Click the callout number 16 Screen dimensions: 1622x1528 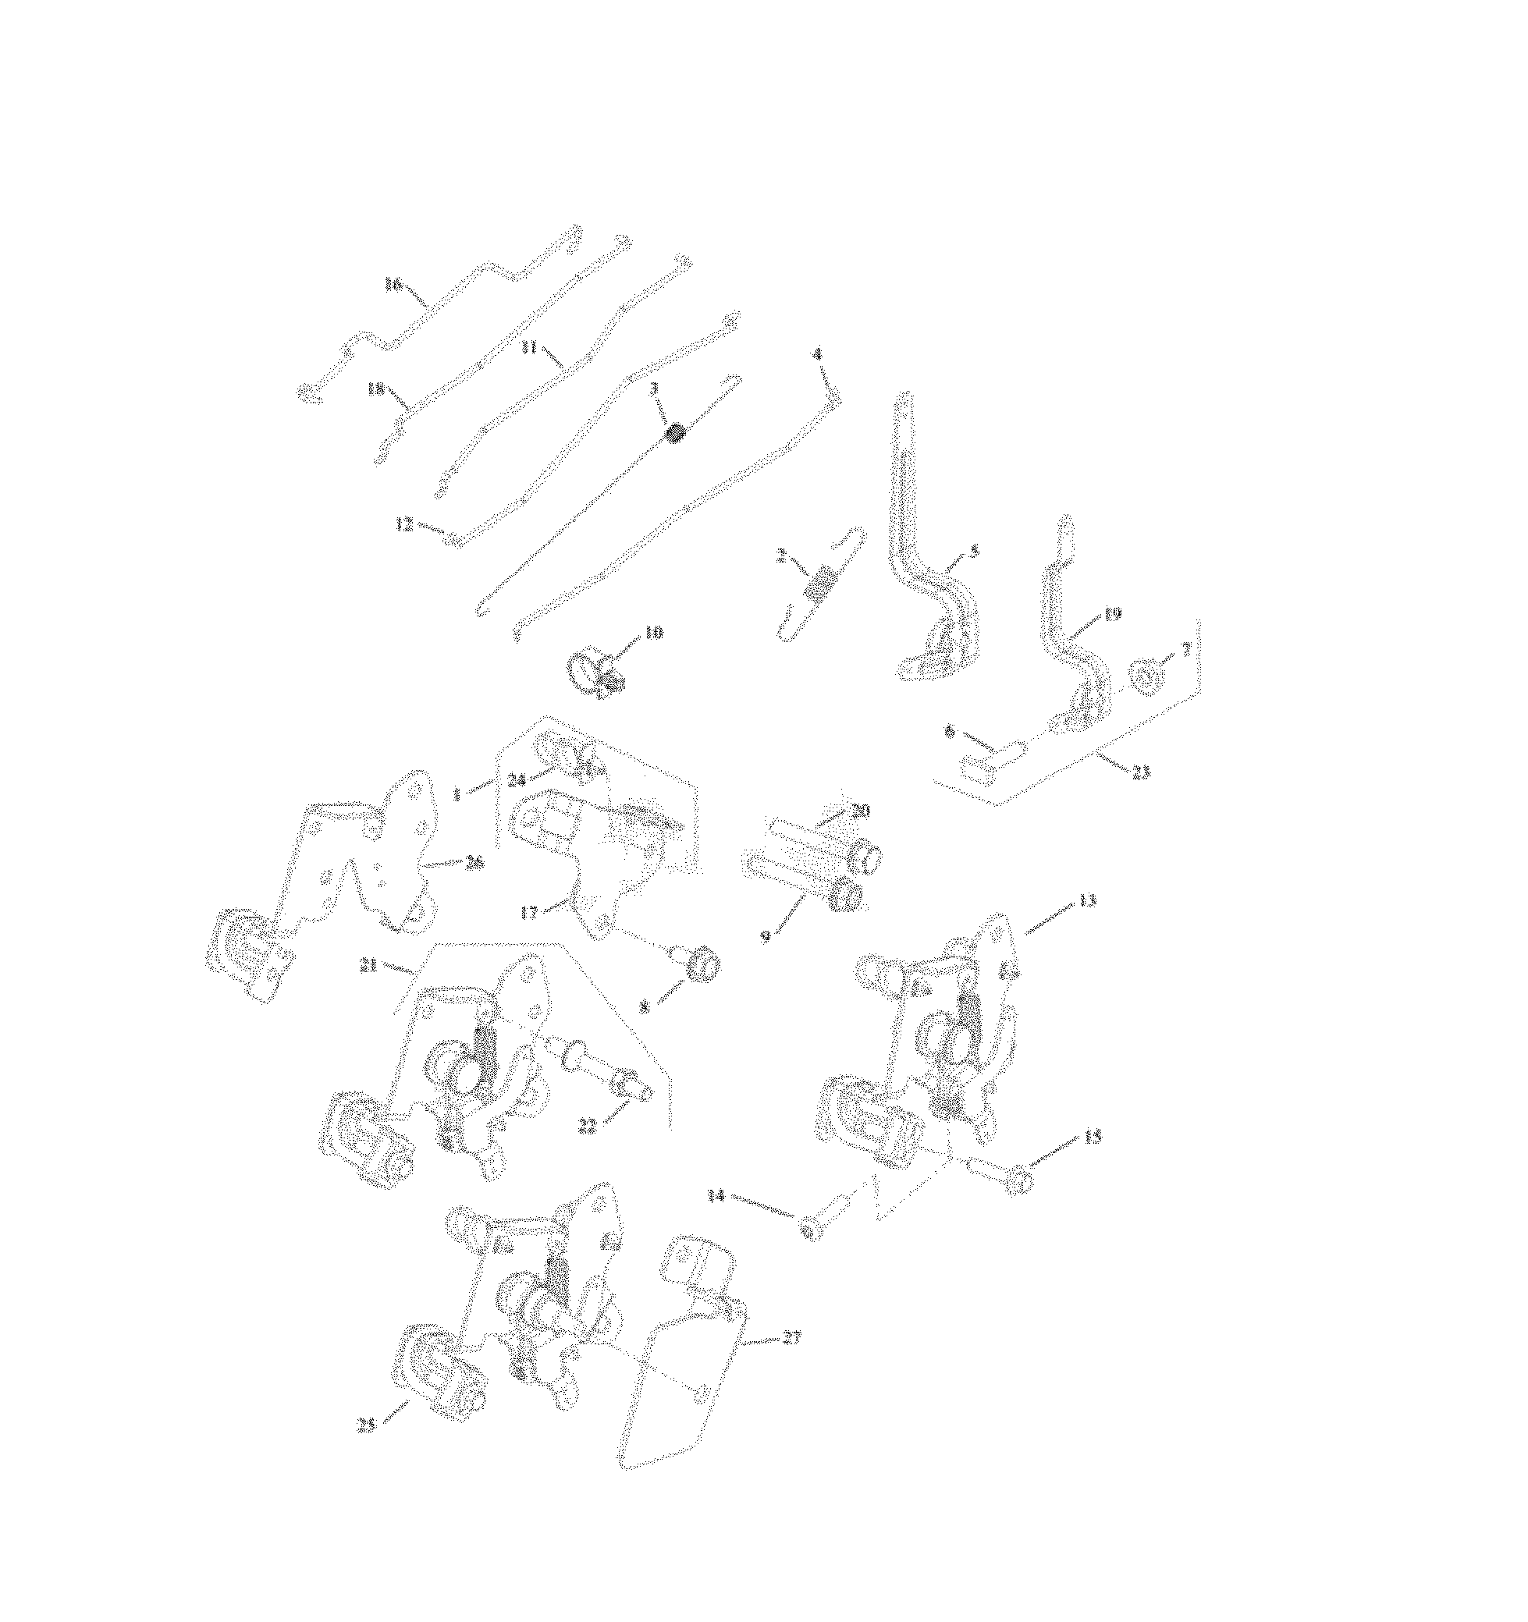pos(393,284)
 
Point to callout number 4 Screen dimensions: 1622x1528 pos(816,354)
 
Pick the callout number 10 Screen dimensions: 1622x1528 pos(654,631)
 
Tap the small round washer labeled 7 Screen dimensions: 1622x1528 pos(1146,676)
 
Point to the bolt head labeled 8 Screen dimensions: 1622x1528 pos(704,967)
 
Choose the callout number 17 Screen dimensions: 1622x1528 pos(529,912)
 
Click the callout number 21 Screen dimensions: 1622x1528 pos(368,965)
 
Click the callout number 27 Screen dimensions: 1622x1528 pos(791,1338)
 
